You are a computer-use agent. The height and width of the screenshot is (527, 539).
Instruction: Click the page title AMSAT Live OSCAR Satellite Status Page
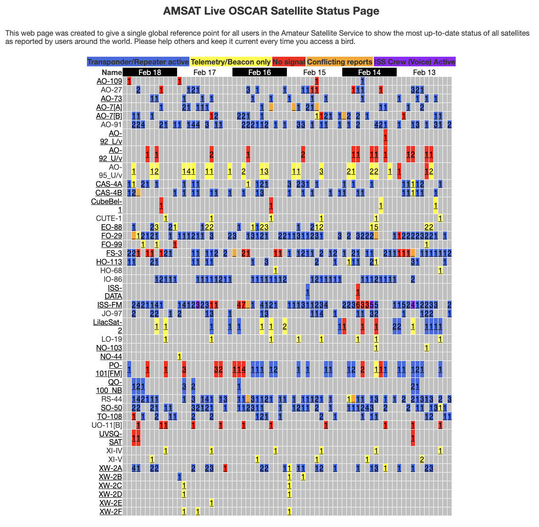[x=271, y=11]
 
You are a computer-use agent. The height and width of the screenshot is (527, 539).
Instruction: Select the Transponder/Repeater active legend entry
[x=138, y=62]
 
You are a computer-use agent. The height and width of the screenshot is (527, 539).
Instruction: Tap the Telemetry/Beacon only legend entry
[x=231, y=62]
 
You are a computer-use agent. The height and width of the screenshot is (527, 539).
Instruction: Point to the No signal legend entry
[x=289, y=62]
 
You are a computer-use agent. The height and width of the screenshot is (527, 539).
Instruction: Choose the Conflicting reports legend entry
[x=340, y=62]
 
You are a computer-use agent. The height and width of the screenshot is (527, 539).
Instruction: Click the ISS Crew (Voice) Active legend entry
[x=415, y=62]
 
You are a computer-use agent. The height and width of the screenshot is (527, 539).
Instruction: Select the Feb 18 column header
[x=150, y=72]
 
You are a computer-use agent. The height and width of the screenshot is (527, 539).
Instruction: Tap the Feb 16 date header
[x=259, y=72]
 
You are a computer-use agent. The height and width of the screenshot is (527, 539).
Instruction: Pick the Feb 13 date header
[x=424, y=72]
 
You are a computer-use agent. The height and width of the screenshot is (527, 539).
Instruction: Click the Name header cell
[x=112, y=72]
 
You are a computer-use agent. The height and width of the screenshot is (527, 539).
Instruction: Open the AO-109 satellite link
[x=109, y=81]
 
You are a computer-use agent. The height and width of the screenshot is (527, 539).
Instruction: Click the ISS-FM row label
[x=110, y=305]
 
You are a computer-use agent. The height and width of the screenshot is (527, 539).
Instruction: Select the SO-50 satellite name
[x=111, y=408]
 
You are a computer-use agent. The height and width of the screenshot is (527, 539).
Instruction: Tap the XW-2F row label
[x=111, y=511]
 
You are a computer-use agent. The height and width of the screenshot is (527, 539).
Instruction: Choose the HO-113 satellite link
[x=109, y=262]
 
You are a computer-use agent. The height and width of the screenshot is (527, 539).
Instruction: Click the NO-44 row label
[x=111, y=357]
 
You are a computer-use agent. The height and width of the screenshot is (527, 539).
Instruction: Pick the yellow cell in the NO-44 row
[x=179, y=356]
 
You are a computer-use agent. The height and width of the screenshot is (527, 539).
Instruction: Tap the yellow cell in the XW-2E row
[x=211, y=503]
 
